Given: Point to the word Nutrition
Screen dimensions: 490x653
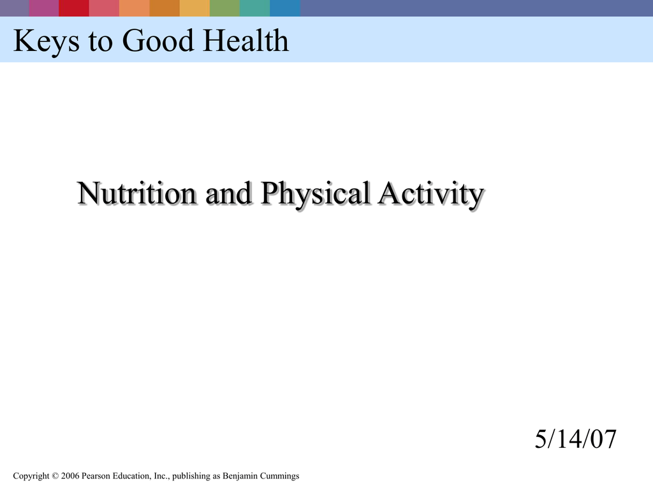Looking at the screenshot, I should (x=136, y=194).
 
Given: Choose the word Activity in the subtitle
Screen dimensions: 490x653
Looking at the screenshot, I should (x=429, y=194).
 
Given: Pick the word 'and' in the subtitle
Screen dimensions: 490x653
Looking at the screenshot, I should (x=228, y=194).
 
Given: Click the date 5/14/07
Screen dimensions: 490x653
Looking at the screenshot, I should (x=576, y=440).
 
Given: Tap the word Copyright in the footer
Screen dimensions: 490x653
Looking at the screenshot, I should (x=31, y=476).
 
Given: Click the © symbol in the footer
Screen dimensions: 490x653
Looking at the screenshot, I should (x=55, y=476).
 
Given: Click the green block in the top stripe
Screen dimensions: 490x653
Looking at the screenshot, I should (x=224, y=8).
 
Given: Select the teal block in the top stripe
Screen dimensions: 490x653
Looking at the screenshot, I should (x=254, y=8).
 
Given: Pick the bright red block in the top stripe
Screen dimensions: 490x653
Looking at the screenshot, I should (x=73, y=8).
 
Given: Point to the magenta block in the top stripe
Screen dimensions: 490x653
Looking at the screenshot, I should (x=43, y=8).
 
